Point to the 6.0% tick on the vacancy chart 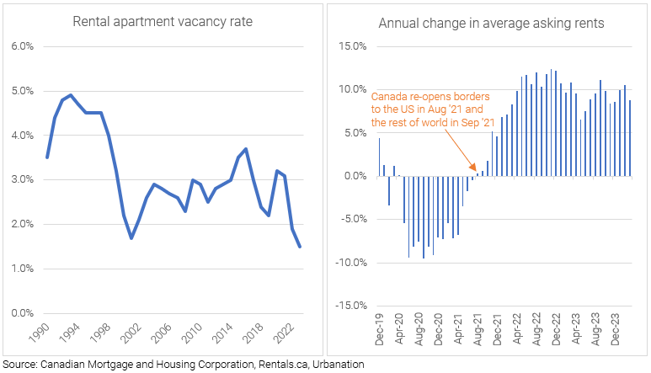[x=20, y=46]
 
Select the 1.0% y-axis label [x=20, y=269]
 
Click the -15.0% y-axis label [x=351, y=306]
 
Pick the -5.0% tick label [x=353, y=219]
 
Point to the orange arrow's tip [x=476, y=173]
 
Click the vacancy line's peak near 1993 [x=71, y=95]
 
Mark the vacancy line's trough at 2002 [x=131, y=237]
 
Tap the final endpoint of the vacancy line [x=300, y=247]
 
